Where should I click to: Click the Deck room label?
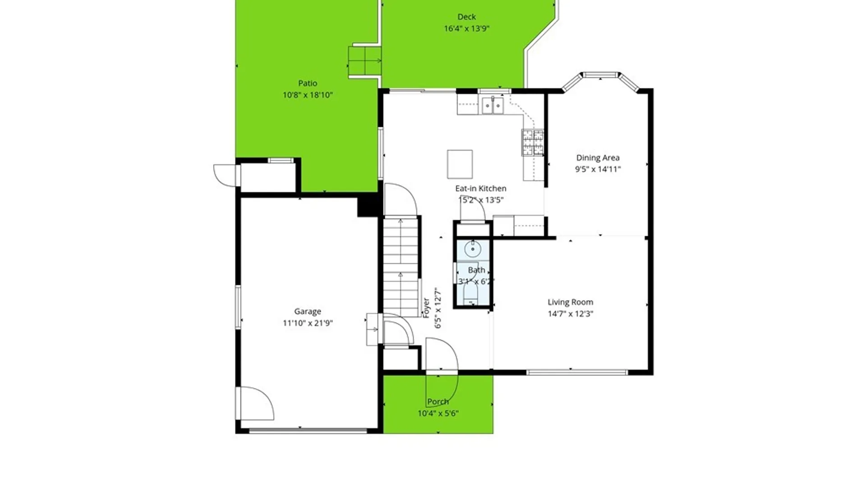click(466, 17)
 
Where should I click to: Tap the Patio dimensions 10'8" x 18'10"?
click(308, 95)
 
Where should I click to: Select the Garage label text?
click(308, 311)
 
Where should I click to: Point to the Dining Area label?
click(598, 158)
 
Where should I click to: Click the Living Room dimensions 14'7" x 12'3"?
click(571, 314)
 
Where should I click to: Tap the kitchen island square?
click(460, 164)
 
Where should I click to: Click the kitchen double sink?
click(493, 106)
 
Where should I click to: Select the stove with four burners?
click(533, 142)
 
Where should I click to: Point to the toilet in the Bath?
click(470, 295)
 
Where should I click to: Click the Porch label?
click(438, 402)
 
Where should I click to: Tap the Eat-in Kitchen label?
click(481, 188)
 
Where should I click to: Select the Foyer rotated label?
click(426, 308)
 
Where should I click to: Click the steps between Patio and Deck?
click(364, 61)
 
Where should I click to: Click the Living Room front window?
click(577, 372)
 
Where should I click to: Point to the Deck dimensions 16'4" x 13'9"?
click(467, 28)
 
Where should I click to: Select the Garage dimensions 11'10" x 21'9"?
click(308, 323)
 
